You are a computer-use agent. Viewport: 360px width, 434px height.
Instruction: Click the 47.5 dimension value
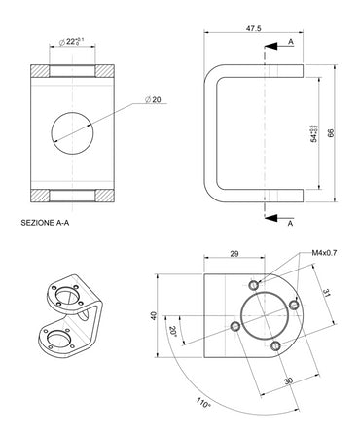click(x=253, y=29)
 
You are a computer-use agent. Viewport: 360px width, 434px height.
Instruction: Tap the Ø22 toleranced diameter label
click(x=71, y=41)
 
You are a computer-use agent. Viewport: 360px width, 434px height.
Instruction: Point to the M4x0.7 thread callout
click(x=324, y=253)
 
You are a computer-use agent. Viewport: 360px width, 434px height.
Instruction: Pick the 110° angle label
click(x=202, y=403)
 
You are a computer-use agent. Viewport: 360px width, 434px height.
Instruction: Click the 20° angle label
click(x=172, y=331)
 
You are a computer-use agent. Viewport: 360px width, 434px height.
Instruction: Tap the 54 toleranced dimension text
click(x=313, y=133)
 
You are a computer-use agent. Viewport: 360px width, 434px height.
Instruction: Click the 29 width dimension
click(x=234, y=254)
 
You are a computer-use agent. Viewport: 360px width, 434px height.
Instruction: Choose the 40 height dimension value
click(x=153, y=315)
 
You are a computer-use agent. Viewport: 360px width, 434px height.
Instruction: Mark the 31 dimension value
click(x=327, y=292)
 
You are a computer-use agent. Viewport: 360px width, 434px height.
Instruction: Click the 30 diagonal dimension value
click(x=288, y=380)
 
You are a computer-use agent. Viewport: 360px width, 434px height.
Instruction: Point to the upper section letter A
click(x=291, y=43)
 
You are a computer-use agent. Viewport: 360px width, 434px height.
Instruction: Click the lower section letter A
click(x=291, y=223)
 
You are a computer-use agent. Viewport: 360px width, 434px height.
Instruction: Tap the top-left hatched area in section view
click(x=42, y=71)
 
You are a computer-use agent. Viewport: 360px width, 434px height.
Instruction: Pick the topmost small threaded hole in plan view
click(x=254, y=284)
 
